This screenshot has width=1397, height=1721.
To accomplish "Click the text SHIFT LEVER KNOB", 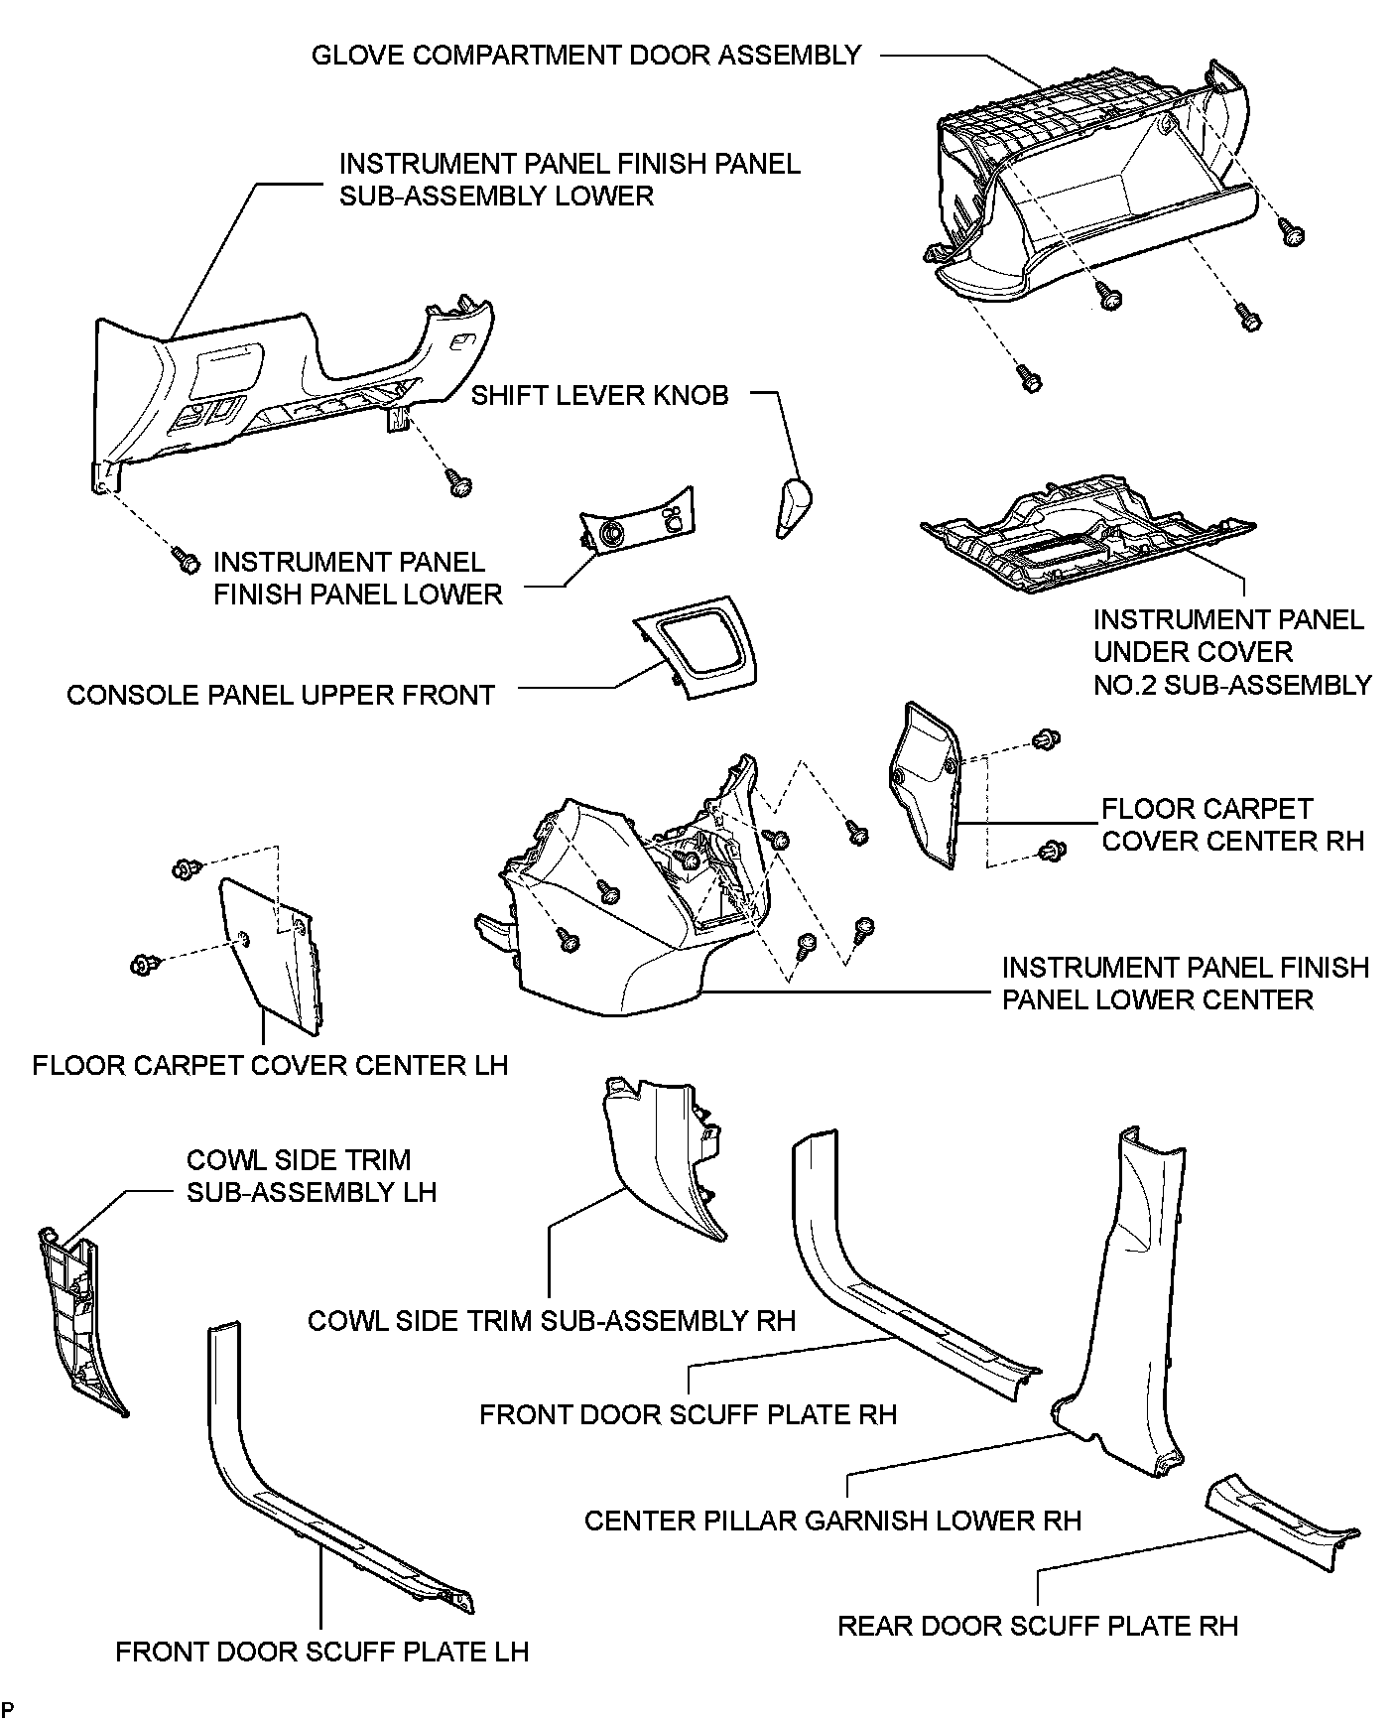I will pos(599,396).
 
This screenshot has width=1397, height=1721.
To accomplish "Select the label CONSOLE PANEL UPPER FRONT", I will pos(281,695).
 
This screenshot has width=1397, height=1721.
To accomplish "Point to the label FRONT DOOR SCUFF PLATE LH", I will pos(322,1652).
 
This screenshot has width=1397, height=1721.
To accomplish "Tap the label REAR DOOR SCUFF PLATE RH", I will pos(1038,1626).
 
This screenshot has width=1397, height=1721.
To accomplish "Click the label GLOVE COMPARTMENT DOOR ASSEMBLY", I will pos(586,56).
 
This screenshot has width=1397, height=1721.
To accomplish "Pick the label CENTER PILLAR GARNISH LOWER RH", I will pos(832,1521).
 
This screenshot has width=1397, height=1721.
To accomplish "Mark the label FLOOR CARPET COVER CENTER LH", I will pos(270,1066).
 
